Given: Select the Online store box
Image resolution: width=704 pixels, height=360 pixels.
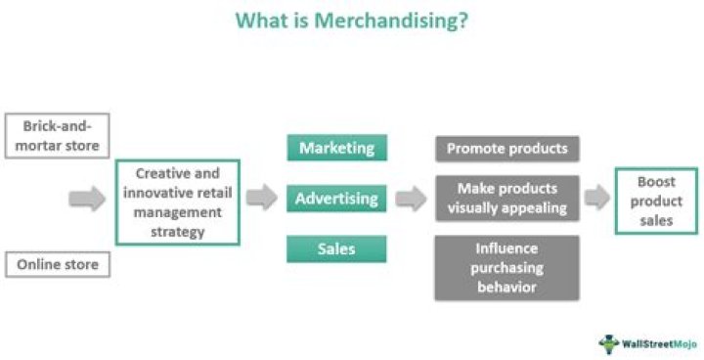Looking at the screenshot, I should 57,264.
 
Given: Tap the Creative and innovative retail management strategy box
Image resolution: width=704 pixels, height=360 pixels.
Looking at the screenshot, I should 177,202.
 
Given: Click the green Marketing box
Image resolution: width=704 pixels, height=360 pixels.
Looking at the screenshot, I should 336,149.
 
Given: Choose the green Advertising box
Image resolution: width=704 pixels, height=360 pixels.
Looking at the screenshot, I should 336,200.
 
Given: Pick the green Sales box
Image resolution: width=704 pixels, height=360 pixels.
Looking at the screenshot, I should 336,249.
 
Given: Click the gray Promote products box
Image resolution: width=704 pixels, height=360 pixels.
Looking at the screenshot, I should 506,149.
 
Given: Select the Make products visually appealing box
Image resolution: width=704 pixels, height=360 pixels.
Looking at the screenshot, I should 506,199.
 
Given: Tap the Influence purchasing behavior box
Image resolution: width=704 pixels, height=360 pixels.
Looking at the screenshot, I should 506,267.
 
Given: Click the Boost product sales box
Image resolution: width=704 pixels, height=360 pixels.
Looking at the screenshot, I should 655,202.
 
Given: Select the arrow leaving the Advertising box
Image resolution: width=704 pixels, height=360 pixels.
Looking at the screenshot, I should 411,200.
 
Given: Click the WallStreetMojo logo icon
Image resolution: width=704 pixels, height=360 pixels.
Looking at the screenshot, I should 610,342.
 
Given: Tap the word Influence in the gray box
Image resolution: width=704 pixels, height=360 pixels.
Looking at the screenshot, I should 506,248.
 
